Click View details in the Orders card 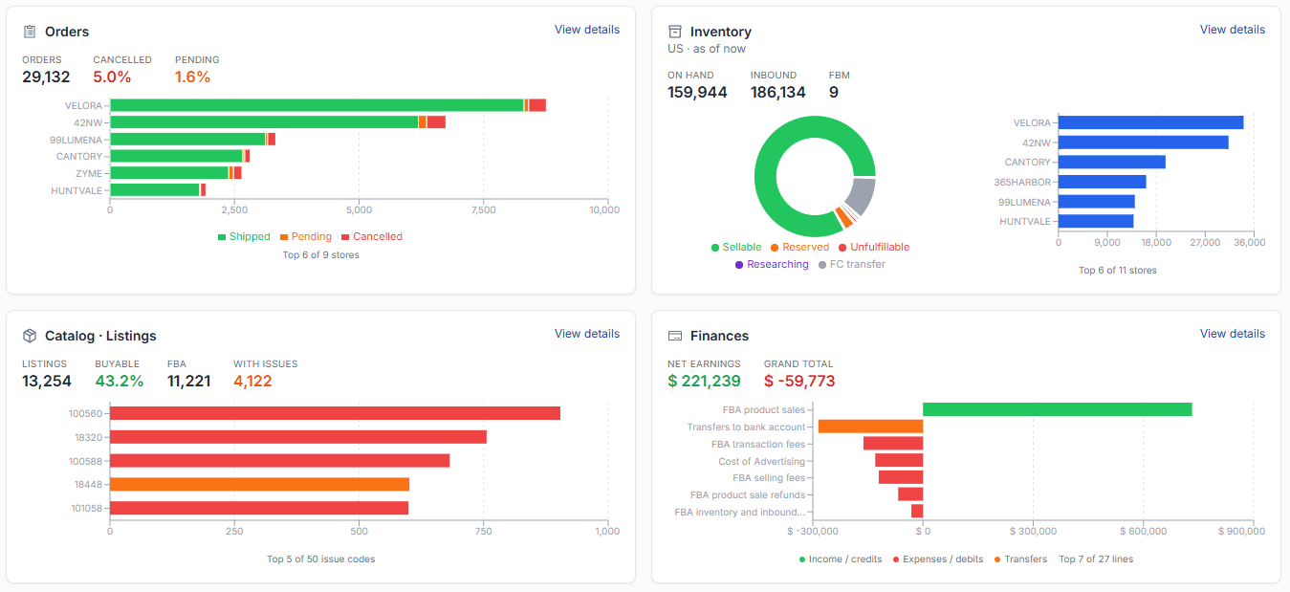[x=587, y=30]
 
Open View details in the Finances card [x=1233, y=334]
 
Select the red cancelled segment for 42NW [x=436, y=122]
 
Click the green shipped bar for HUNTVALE [x=155, y=190]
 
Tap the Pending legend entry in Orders [x=306, y=236]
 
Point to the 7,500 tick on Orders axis [x=483, y=209]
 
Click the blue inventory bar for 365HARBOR [x=1103, y=182]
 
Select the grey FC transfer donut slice [x=863, y=196]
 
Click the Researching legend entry [x=772, y=264]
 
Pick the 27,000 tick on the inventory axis [x=1205, y=243]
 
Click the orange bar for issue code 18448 [x=260, y=484]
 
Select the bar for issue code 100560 [x=335, y=413]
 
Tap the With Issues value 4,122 [x=252, y=382]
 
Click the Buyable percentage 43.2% [x=120, y=382]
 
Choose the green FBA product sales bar [x=1058, y=409]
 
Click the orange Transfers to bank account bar [x=871, y=427]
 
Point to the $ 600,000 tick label [x=1143, y=531]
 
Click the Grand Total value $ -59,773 [x=799, y=382]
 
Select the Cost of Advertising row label [x=761, y=461]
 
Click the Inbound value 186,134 [x=778, y=92]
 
